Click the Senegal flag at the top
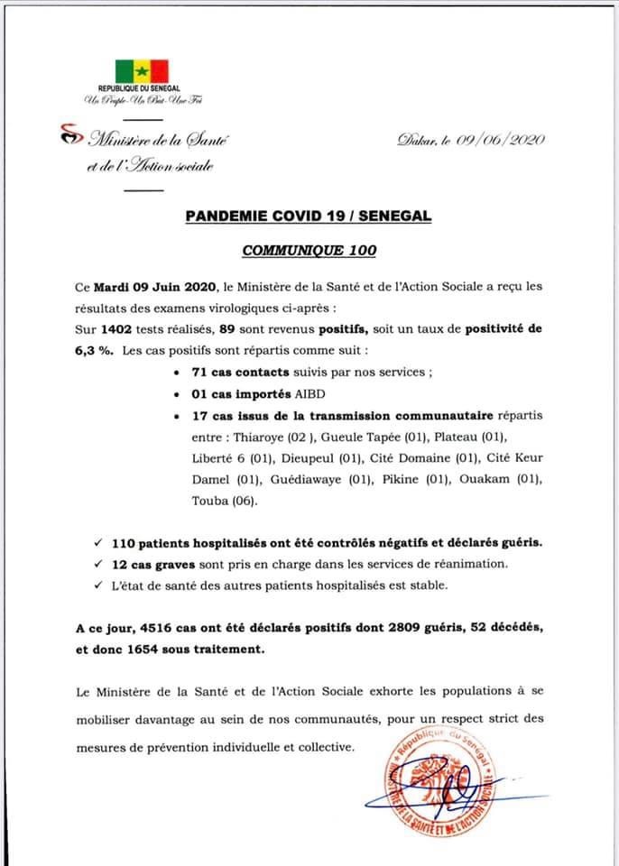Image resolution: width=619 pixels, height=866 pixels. (x=140, y=70)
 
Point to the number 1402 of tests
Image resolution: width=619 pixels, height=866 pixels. (x=120, y=329)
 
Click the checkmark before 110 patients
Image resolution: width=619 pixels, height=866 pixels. (x=97, y=544)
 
